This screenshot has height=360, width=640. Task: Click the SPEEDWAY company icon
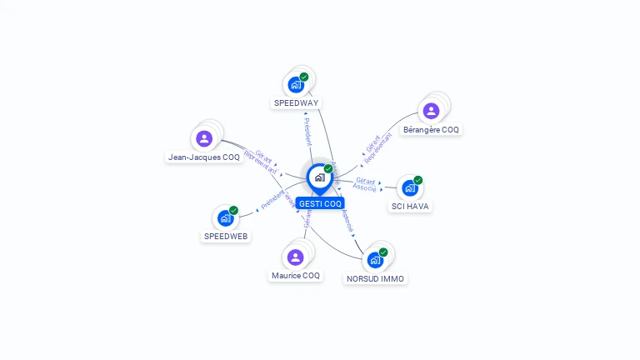click(x=296, y=85)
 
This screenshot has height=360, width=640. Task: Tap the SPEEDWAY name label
click(x=296, y=103)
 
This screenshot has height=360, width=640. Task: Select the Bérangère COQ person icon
click(x=431, y=111)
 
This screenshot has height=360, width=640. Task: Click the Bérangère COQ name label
click(x=431, y=130)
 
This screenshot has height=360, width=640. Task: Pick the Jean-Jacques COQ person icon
click(x=204, y=138)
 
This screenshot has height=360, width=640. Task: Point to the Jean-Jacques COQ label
click(x=203, y=157)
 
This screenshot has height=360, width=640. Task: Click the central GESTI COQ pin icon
click(x=319, y=177)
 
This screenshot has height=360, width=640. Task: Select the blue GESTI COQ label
click(x=320, y=203)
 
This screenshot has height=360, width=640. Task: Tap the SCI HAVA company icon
click(x=409, y=188)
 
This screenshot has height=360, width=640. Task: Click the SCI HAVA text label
click(x=411, y=206)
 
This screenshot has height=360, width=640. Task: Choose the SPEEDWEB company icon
click(x=225, y=218)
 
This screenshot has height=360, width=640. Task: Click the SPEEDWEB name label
click(x=226, y=236)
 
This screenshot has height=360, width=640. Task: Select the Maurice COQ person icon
click(x=295, y=257)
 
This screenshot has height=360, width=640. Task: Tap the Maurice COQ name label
click(x=295, y=276)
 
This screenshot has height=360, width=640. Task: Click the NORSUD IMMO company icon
click(x=375, y=261)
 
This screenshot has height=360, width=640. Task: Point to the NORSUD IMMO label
click(x=376, y=278)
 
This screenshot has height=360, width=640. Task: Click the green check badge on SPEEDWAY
click(x=304, y=77)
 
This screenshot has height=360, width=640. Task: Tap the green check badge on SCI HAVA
click(x=418, y=180)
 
